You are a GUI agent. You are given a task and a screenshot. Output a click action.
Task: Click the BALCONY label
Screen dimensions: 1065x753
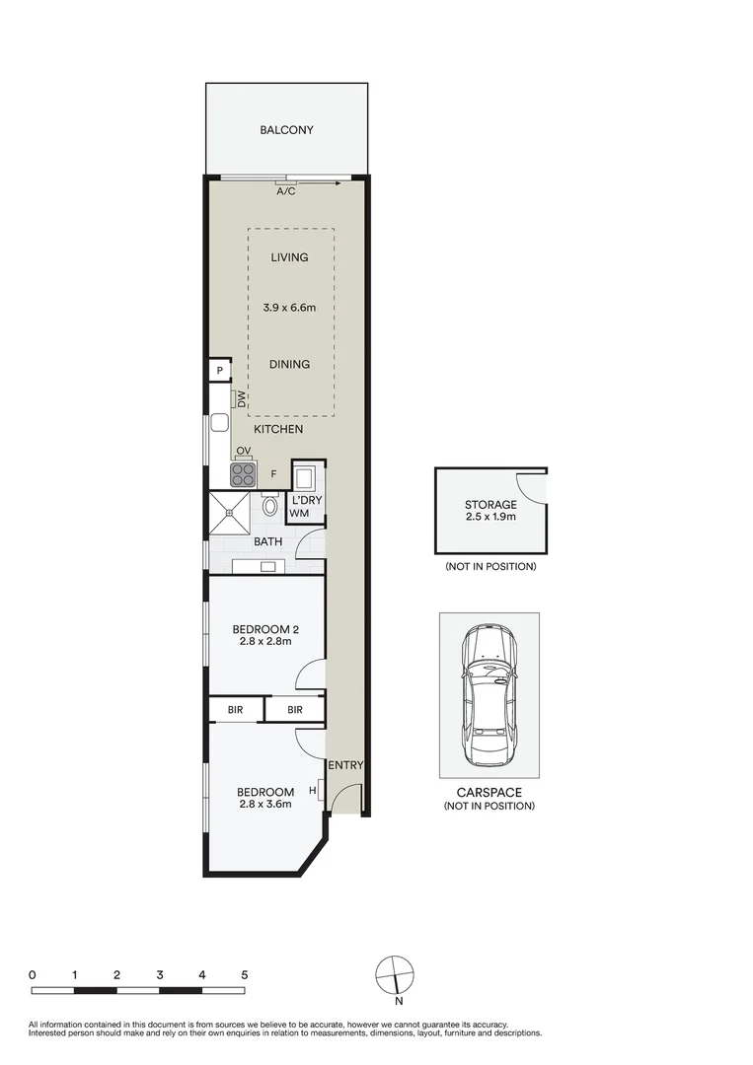tap(286, 130)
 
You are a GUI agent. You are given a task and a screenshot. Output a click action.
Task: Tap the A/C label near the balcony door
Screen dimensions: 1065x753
tap(285, 191)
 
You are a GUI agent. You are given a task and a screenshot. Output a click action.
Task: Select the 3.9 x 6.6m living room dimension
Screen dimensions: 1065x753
tap(289, 308)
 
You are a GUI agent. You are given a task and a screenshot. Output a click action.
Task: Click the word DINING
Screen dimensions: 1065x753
tap(289, 364)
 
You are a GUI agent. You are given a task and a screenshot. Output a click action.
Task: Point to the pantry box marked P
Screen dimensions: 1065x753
tap(218, 371)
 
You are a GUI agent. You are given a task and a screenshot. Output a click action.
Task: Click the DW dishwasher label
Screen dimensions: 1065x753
tap(239, 399)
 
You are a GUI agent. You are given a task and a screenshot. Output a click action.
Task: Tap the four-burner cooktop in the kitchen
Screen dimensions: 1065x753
tap(244, 475)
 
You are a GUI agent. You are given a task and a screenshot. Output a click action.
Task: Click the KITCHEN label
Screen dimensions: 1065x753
tap(278, 430)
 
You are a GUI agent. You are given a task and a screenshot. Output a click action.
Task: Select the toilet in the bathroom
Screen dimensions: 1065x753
tap(269, 506)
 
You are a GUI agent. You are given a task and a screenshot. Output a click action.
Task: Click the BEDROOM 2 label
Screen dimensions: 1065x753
tap(265, 630)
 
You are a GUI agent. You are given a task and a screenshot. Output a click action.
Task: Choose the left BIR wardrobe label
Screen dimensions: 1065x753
tap(236, 709)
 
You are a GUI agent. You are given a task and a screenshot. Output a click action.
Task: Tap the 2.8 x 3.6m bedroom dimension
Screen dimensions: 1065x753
tap(265, 804)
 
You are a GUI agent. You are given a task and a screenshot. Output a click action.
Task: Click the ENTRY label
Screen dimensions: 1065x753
tap(345, 765)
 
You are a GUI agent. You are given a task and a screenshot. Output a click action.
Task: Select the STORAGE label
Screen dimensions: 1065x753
tap(490, 505)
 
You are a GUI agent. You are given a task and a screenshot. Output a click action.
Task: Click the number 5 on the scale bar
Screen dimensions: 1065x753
tap(244, 974)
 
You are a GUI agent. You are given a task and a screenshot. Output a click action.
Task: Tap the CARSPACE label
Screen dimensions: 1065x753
tap(489, 792)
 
